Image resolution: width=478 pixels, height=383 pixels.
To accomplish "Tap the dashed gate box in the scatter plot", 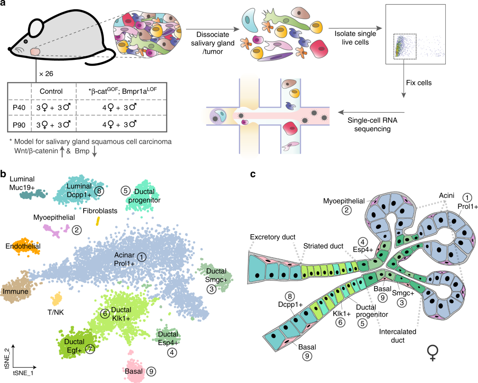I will tap(405, 46).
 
